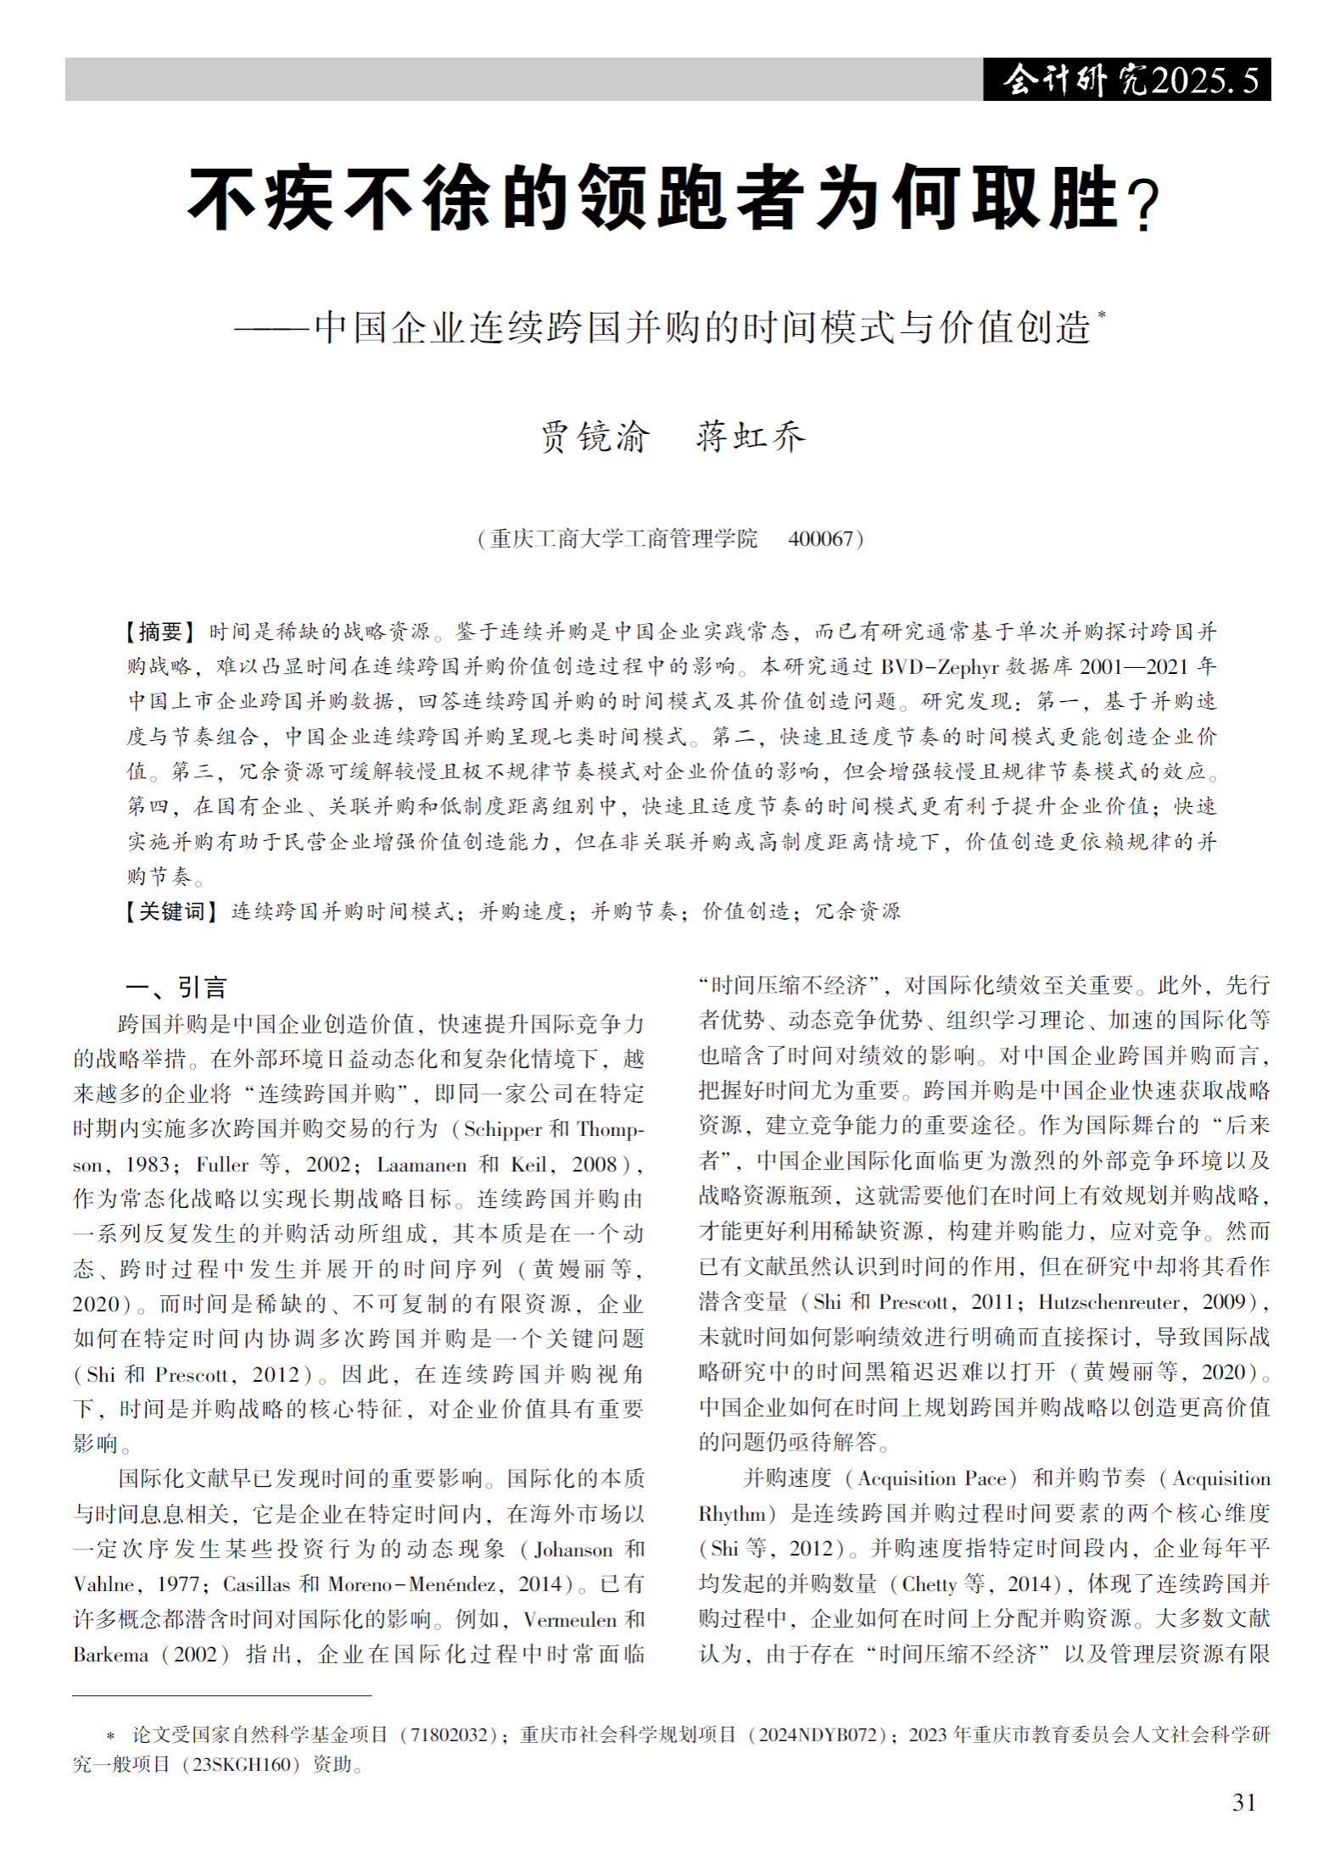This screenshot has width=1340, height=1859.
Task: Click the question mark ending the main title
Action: coord(1145,206)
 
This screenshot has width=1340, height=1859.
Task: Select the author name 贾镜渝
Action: coord(595,437)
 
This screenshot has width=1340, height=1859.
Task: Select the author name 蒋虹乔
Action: coord(751,437)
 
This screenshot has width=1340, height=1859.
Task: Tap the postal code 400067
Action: coord(819,539)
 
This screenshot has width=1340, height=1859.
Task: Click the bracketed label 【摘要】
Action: coord(160,632)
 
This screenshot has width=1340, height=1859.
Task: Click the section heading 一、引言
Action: coord(176,987)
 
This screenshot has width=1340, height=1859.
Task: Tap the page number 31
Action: coord(1244,1802)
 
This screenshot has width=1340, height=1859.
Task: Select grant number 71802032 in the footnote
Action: coord(448,1735)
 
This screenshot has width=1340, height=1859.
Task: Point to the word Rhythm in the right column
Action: coord(732,1515)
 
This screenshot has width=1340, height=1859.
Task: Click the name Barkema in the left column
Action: coord(110,1655)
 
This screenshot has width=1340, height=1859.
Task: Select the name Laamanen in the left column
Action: coord(422,1165)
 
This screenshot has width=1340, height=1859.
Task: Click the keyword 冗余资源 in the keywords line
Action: coord(857,911)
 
